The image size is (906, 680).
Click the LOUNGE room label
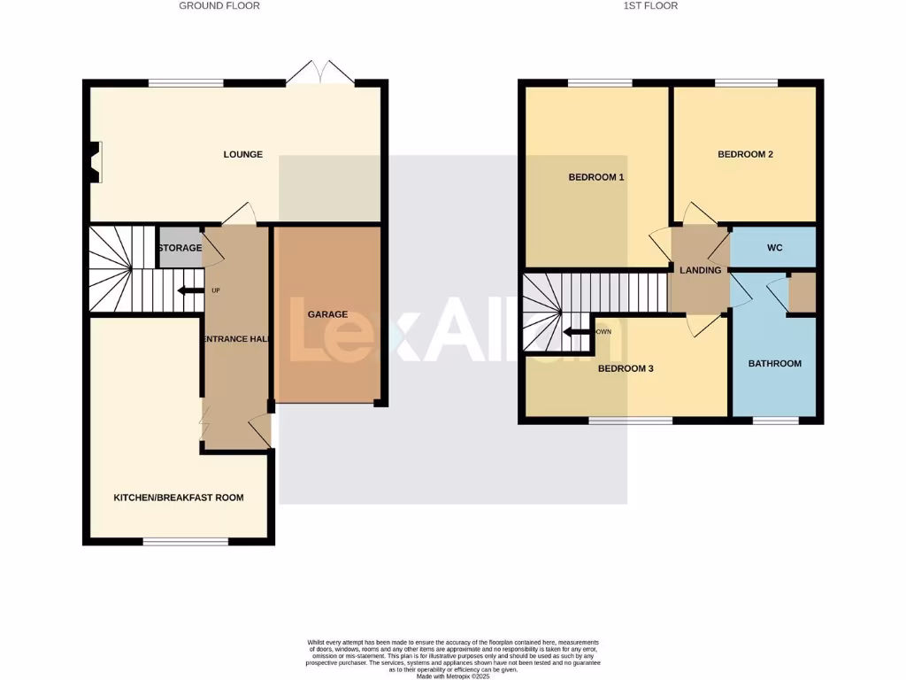(242, 154)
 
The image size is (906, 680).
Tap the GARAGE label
(327, 314)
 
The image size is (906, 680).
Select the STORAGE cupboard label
(180, 248)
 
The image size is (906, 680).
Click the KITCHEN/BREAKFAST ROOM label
(178, 498)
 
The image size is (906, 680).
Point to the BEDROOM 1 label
(595, 177)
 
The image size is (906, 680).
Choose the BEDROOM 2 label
(745, 154)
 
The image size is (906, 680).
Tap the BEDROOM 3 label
(625, 368)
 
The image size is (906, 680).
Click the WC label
(774, 248)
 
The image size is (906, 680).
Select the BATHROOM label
(774, 363)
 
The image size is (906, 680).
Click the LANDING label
(700, 270)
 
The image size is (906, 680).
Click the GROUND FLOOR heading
(219, 5)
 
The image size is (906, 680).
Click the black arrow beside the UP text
(188, 290)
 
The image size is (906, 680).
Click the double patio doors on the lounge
(320, 73)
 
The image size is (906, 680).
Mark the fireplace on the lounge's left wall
(94, 162)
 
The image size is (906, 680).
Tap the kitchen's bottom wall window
(186, 541)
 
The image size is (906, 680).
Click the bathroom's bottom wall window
(774, 421)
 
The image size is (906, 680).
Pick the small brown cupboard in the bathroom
(802, 293)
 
